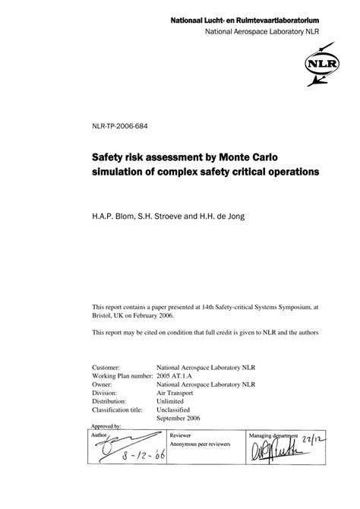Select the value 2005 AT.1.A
click(x=178, y=375)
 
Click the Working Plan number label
click(x=120, y=375)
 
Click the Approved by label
click(x=107, y=427)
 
